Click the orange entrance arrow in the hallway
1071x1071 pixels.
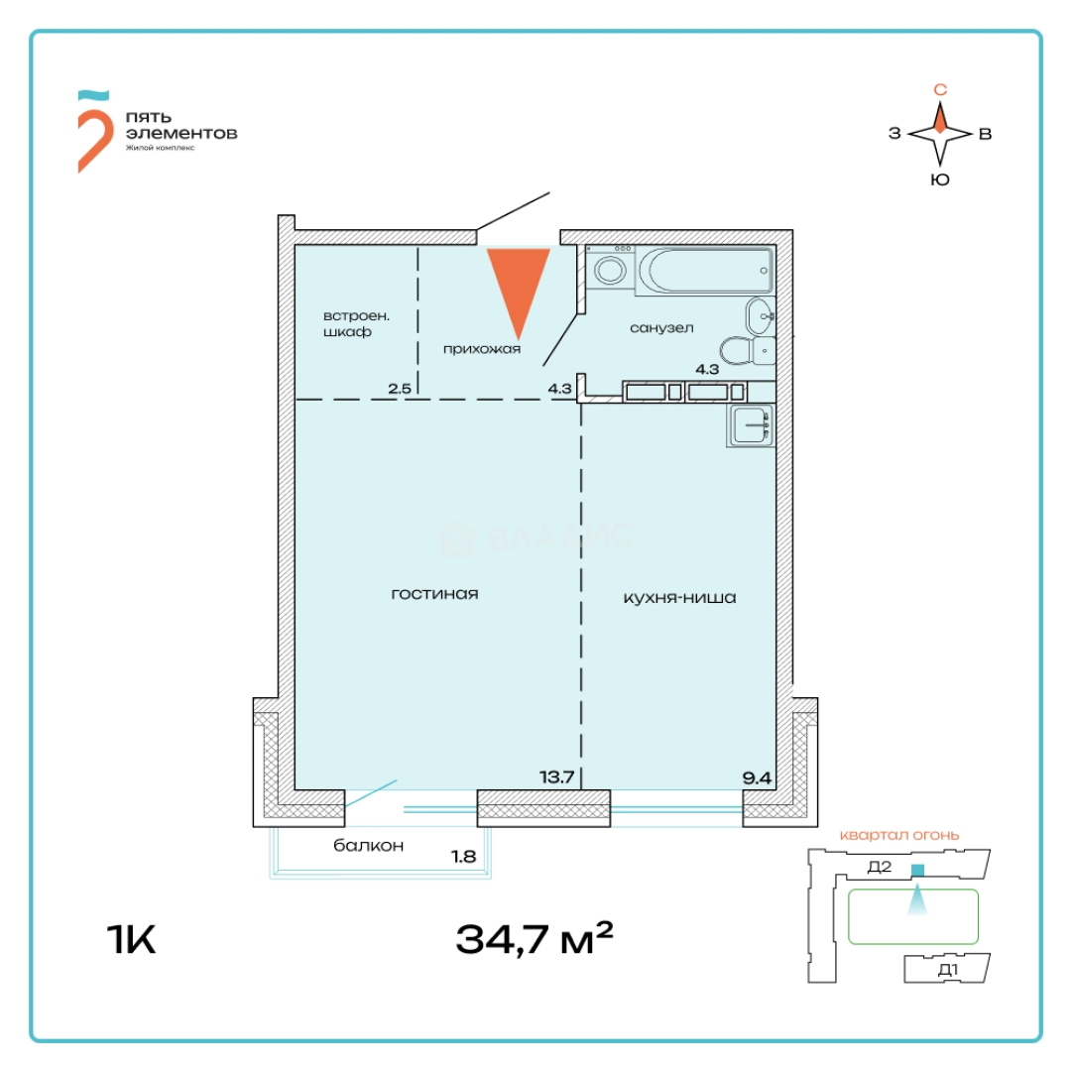pyautogui.click(x=518, y=288)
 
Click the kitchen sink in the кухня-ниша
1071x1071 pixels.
pyautogui.click(x=752, y=426)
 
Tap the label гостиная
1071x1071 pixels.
pyautogui.click(x=435, y=594)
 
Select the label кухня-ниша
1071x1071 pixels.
pyautogui.click(x=679, y=598)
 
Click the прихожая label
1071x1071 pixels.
pyautogui.click(x=482, y=349)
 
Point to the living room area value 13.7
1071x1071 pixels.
pyautogui.click(x=556, y=777)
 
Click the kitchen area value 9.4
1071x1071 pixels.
pyautogui.click(x=758, y=777)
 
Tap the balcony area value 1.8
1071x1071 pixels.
pyautogui.click(x=464, y=854)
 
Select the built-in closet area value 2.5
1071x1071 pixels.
pyautogui.click(x=400, y=389)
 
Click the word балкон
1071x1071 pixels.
pyautogui.click(x=369, y=846)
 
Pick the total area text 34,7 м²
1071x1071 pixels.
pyautogui.click(x=534, y=937)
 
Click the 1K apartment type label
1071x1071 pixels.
pyautogui.click(x=131, y=938)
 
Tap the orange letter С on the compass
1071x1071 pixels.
pyautogui.click(x=941, y=89)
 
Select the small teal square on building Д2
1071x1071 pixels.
pyautogui.click(x=917, y=870)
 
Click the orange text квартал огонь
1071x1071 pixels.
pyautogui.click(x=899, y=835)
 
